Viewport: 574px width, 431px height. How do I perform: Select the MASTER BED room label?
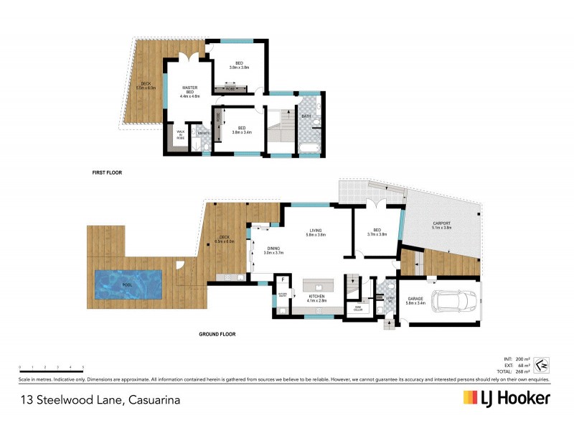pyautogui.click(x=189, y=91)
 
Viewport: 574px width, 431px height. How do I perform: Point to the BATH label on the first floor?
pyautogui.click(x=306, y=116)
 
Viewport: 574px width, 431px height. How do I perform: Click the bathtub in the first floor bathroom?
pyautogui.click(x=309, y=149)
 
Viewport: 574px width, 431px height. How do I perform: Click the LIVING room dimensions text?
pyautogui.click(x=316, y=235)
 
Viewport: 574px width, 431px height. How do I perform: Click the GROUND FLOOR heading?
pyautogui.click(x=216, y=334)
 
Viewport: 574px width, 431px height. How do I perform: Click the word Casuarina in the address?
pyautogui.click(x=153, y=399)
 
